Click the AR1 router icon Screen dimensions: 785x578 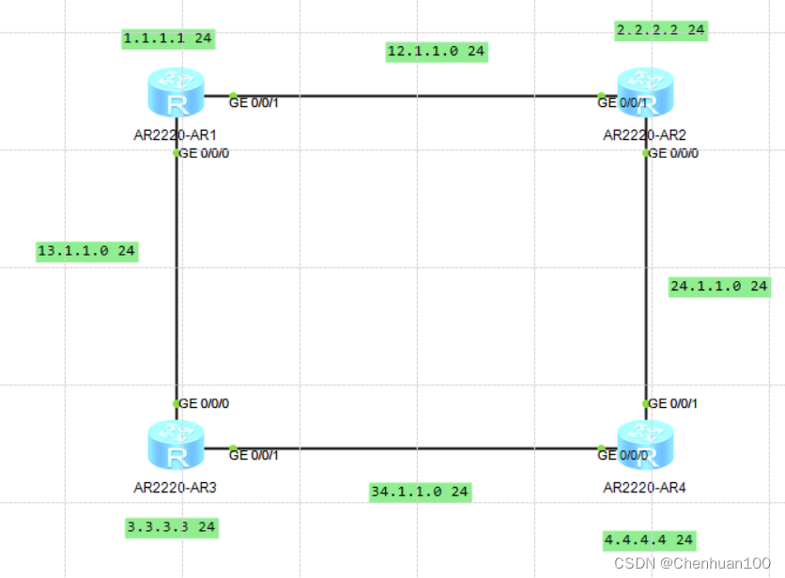tap(177, 93)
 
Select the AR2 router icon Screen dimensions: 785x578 tap(645, 93)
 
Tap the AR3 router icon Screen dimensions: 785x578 tap(177, 445)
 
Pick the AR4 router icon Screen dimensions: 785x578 tap(645, 445)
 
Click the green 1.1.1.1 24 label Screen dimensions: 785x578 tap(168, 39)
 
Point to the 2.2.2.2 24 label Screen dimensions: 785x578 tap(661, 31)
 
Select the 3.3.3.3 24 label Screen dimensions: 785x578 tap(172, 528)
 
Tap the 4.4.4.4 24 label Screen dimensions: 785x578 tap(650, 540)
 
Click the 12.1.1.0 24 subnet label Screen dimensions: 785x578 tap(437, 52)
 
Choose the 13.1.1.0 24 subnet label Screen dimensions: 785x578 tap(87, 251)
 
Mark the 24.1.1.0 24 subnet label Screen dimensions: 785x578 tap(719, 287)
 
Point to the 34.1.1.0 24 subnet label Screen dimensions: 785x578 tap(420, 492)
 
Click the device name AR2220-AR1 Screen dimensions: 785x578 tap(176, 135)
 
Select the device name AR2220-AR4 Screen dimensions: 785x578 tap(644, 488)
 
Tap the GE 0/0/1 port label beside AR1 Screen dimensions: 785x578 tap(254, 102)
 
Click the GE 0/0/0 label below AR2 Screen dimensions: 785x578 tap(673, 153)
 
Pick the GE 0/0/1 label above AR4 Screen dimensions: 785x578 tap(673, 403)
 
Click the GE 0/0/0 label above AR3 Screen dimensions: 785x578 tap(204, 403)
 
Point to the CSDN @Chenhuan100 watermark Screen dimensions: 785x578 tap(692, 564)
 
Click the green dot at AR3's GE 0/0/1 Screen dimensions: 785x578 tap(233, 447)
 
